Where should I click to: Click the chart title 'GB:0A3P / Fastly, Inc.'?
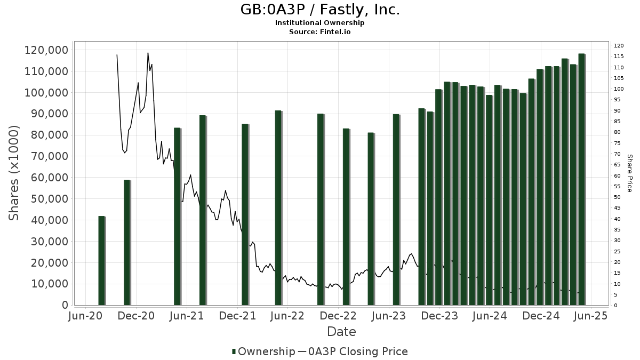coord(319,10)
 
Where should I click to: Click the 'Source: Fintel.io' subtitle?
coord(319,32)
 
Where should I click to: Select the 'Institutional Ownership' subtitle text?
coord(319,23)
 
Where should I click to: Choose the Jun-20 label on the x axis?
coord(85,316)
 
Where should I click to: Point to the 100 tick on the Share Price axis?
coord(618,89)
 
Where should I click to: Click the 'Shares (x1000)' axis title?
coord(14,173)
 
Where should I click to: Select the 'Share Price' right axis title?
coord(629,173)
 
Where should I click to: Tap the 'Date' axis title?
coord(341,332)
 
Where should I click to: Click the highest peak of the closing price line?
coord(148,53)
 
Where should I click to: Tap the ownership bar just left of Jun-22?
coord(278,208)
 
